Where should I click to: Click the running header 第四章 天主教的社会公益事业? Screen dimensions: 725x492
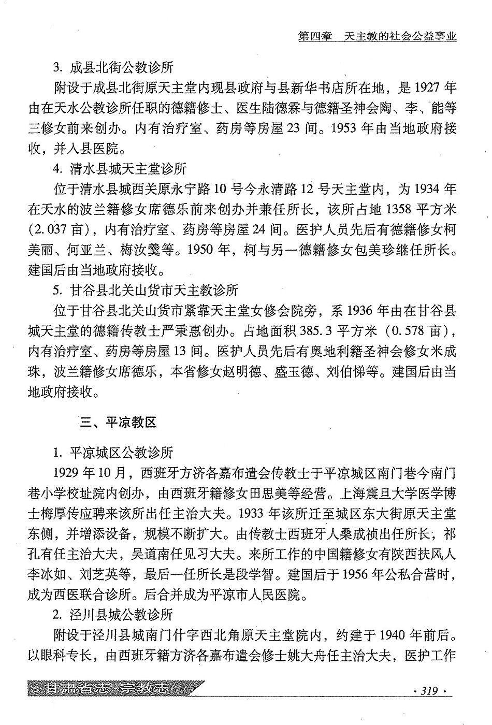point(378,37)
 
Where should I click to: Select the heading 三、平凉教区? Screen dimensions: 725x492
point(118,423)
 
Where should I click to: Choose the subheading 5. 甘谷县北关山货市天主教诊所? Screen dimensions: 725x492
point(146,290)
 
